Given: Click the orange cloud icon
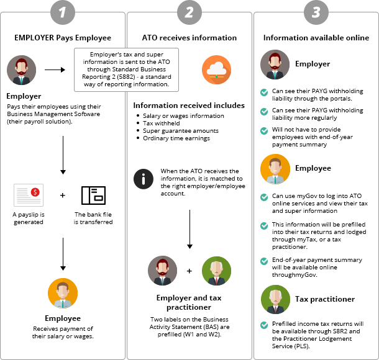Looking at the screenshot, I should tap(215, 70).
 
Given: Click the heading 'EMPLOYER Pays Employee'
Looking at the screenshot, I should tap(63, 37).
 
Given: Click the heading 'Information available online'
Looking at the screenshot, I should tap(316, 37).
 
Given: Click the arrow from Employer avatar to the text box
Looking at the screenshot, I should tap(55, 70).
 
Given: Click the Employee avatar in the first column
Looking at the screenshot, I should tap(63, 293).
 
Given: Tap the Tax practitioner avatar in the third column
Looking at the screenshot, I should tap(275, 300).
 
